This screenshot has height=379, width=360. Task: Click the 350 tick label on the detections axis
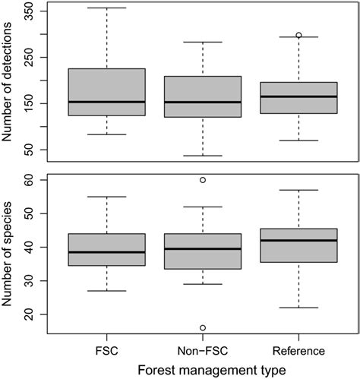pyautogui.click(x=30, y=13)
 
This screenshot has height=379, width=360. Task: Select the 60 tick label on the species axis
pyautogui.click(x=30, y=181)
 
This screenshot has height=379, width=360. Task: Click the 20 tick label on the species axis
pyautogui.click(x=30, y=314)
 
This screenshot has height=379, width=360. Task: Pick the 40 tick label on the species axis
pyautogui.click(x=30, y=248)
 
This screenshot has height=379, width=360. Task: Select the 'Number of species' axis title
pyautogui.click(x=10, y=254)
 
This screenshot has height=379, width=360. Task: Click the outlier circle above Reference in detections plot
pyautogui.click(x=298, y=35)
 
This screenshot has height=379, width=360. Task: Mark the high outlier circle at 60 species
pyautogui.click(x=203, y=180)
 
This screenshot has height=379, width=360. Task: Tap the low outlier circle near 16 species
pyautogui.click(x=203, y=327)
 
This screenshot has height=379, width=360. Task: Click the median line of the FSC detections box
pyautogui.click(x=106, y=102)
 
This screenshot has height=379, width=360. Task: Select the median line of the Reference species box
pyautogui.click(x=298, y=241)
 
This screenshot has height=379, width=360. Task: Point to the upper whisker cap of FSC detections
pyautogui.click(x=106, y=8)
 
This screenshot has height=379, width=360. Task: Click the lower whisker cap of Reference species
pyautogui.click(x=298, y=308)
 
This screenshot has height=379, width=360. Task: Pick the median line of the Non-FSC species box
pyautogui.click(x=203, y=248)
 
